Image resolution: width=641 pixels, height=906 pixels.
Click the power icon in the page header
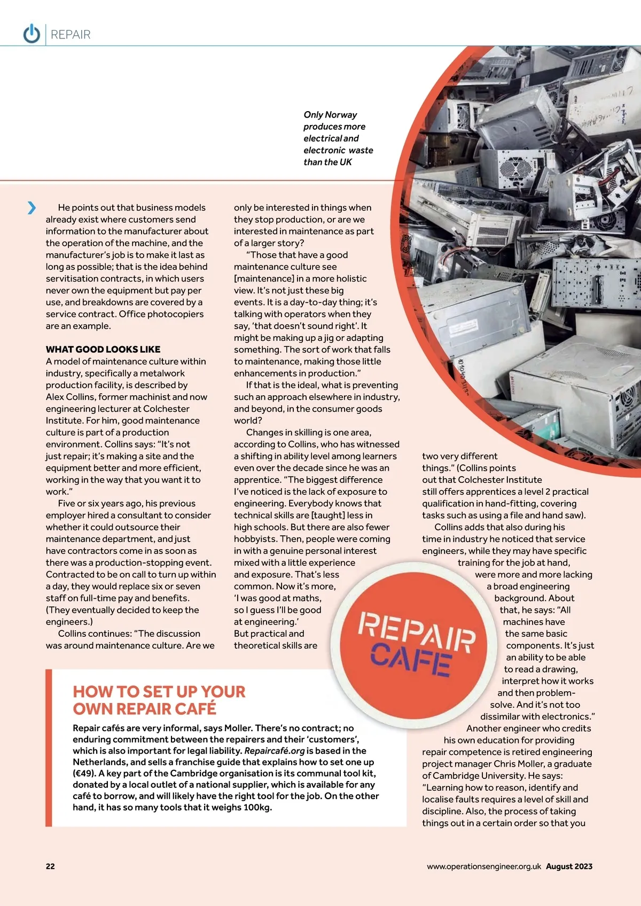pyautogui.click(x=32, y=34)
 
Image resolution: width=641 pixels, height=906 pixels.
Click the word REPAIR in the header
pyautogui.click(x=71, y=35)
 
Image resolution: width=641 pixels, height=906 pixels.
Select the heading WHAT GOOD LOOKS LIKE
pyautogui.click(x=103, y=349)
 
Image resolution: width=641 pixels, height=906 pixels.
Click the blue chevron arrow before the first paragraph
pyautogui.click(x=32, y=207)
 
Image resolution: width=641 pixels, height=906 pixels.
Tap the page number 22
pyautogui.click(x=50, y=866)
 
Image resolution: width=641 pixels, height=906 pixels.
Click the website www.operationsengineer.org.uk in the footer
pyautogui.click(x=483, y=866)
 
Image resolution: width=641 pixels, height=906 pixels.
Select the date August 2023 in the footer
pyautogui.click(x=569, y=866)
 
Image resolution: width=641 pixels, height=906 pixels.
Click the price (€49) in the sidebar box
pyautogui.click(x=84, y=774)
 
